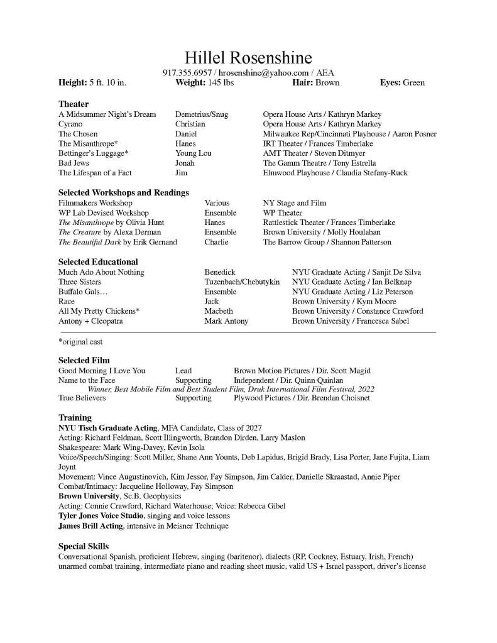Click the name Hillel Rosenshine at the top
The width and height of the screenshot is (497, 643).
pos(248,58)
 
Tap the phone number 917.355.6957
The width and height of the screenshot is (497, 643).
pos(187,73)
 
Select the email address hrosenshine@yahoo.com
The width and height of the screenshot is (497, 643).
pos(263,73)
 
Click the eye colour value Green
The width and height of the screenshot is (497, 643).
pos(413,82)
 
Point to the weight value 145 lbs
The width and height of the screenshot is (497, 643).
pos(221,82)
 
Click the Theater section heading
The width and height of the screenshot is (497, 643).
pos(74,104)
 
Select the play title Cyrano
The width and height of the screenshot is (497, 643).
pos(70,124)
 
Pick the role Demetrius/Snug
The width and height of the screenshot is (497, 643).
pos(201,114)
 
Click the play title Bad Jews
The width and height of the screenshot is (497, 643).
pos(74,163)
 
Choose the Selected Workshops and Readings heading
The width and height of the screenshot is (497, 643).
pos(124,192)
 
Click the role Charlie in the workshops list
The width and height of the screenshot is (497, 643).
pos(216,242)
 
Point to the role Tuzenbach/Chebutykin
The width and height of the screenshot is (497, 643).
pos(242,282)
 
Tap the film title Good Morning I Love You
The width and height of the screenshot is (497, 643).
pos(102,371)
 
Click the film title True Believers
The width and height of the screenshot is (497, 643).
pos(82,398)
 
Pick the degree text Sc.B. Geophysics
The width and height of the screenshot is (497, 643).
pos(151,497)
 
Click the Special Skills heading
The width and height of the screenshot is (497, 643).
pos(84,546)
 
